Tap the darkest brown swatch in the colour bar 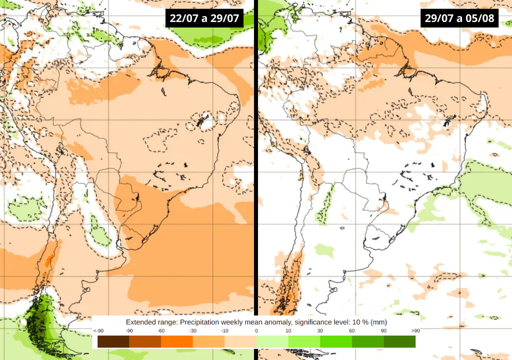(113, 341)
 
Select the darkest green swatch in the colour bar (399, 341)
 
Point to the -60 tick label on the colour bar (161, 331)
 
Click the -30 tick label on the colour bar (192, 331)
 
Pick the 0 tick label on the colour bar (256, 331)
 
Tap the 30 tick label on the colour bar (320, 331)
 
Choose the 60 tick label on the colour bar (351, 331)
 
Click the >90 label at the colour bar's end (415, 331)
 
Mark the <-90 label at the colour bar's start (98, 331)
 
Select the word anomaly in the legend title (269, 322)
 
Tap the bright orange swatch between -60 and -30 (176, 341)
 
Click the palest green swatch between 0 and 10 (272, 341)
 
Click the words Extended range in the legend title (150, 322)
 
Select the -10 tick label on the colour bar (224, 331)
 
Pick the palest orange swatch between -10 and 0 (240, 341)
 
